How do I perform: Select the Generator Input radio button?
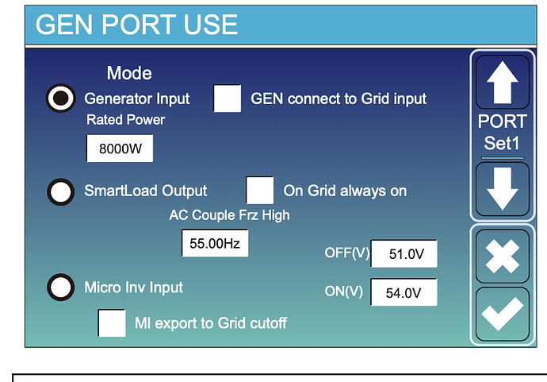click(x=61, y=98)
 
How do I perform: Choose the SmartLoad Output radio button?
click(x=61, y=192)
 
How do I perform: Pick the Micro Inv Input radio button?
click(x=61, y=287)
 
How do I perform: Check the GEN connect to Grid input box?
click(x=227, y=98)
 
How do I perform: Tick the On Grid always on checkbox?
click(x=259, y=191)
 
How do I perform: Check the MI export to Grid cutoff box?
click(x=112, y=323)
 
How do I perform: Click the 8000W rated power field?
click(x=120, y=149)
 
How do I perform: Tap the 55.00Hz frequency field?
click(x=215, y=243)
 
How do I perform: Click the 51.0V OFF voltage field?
click(x=404, y=253)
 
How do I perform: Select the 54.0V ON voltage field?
click(x=404, y=292)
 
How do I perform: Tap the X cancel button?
click(x=503, y=257)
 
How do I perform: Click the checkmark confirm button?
click(x=503, y=314)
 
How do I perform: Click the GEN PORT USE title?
click(x=136, y=25)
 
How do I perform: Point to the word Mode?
click(x=129, y=73)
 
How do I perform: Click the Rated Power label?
click(x=125, y=120)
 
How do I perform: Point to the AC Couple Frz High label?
click(x=230, y=215)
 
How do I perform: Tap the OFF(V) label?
click(x=346, y=253)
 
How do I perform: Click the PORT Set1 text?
click(x=503, y=133)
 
